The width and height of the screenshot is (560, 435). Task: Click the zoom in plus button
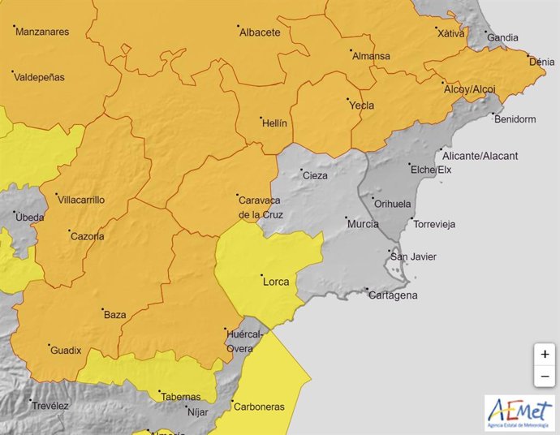click(544, 355)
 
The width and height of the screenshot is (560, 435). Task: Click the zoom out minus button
click(544, 377)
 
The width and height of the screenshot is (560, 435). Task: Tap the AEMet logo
click(519, 413)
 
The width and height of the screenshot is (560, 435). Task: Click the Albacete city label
click(260, 33)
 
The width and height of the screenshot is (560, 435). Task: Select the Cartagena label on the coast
click(393, 295)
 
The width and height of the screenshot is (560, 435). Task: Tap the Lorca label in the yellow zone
click(275, 282)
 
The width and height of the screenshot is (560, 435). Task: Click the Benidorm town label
click(515, 119)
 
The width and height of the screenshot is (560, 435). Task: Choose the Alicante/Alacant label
click(482, 156)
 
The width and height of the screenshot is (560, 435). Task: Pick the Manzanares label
click(42, 32)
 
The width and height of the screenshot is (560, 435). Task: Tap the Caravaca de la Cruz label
click(261, 207)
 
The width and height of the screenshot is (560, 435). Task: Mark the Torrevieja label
click(434, 224)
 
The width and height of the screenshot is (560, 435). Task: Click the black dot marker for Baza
click(97, 309)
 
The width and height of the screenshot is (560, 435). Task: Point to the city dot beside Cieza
click(295, 170)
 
